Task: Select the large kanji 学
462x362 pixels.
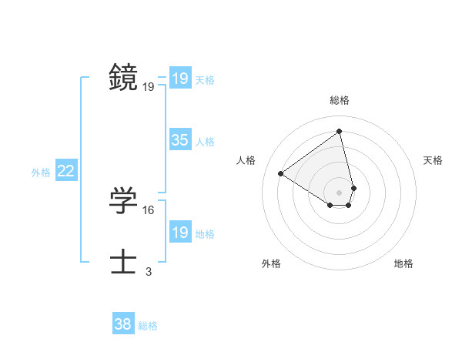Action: click(x=124, y=201)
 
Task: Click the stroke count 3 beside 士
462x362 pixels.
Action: click(x=149, y=271)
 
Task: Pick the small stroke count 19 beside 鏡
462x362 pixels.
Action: click(x=149, y=87)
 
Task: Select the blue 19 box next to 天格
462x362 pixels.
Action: click(x=180, y=79)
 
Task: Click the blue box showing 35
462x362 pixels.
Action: click(x=180, y=140)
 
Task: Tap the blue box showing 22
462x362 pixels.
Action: click(x=66, y=171)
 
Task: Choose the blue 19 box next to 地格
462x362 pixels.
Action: click(x=180, y=233)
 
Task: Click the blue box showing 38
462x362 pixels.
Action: click(x=123, y=324)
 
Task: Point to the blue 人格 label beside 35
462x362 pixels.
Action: click(x=205, y=142)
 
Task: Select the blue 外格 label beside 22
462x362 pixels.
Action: click(x=41, y=173)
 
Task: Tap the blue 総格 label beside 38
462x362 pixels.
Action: click(x=148, y=326)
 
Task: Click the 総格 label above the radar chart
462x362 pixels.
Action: click(x=340, y=100)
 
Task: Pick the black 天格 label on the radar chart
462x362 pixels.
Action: click(x=434, y=160)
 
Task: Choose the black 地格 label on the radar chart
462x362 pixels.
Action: click(x=403, y=263)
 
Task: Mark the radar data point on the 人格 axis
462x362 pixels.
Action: click(x=281, y=173)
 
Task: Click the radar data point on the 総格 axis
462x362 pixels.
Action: click(x=340, y=131)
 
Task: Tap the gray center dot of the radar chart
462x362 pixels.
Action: click(x=340, y=192)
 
